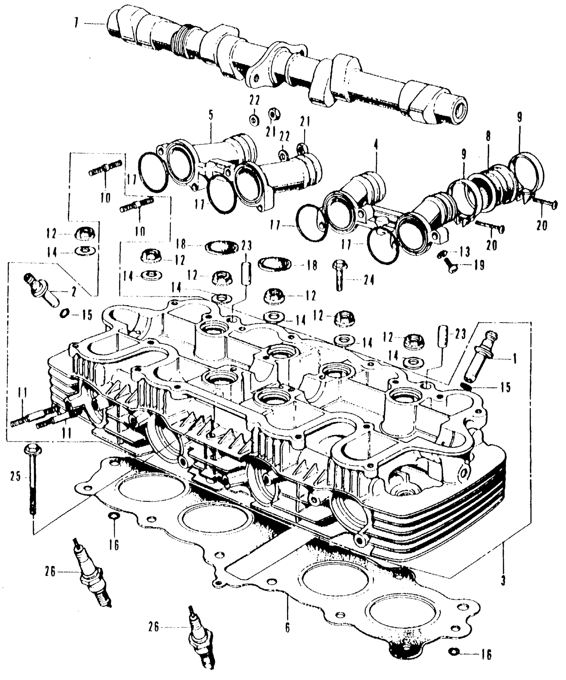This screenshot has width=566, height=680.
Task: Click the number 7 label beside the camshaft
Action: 77,24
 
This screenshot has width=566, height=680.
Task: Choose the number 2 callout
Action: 73,292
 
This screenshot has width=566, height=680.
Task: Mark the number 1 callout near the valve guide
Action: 514,359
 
